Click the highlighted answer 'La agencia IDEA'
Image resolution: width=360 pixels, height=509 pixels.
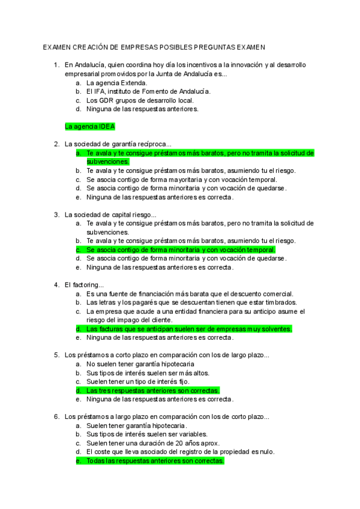click(x=89, y=127)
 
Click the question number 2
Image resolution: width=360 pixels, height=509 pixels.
click(x=56, y=144)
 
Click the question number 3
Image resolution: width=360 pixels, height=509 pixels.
click(x=56, y=215)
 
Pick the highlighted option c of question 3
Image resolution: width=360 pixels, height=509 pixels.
click(x=180, y=250)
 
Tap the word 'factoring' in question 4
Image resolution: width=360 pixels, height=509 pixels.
click(x=88, y=285)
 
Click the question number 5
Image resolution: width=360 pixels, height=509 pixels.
click(x=56, y=355)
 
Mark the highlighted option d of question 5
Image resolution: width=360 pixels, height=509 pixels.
click(x=152, y=390)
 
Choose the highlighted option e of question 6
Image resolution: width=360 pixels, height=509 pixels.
click(x=155, y=460)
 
